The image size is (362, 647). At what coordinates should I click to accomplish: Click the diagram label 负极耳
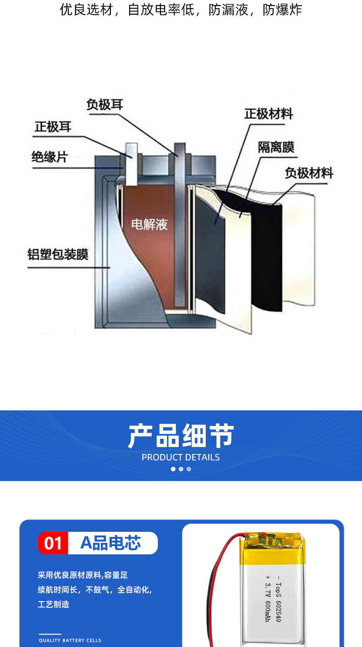click(x=104, y=105)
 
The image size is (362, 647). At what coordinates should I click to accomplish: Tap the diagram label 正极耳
click(x=53, y=127)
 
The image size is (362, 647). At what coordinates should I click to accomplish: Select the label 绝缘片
click(x=49, y=157)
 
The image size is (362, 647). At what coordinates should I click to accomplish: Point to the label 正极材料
click(x=268, y=114)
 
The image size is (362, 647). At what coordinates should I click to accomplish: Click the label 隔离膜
click(x=275, y=147)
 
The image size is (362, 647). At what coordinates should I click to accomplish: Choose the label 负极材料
click(x=308, y=173)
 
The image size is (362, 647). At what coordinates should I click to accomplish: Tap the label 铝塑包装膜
click(x=58, y=254)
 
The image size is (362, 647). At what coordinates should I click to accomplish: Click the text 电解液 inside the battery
click(x=149, y=224)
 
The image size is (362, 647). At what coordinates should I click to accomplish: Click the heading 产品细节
click(x=181, y=436)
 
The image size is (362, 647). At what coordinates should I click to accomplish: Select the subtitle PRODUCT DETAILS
click(x=181, y=457)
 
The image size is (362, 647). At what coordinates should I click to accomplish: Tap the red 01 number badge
click(x=53, y=543)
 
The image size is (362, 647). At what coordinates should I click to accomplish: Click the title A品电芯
click(x=110, y=543)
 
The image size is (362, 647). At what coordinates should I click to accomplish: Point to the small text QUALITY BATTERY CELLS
click(x=70, y=640)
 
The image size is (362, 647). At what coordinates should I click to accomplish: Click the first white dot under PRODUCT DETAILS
click(x=173, y=469)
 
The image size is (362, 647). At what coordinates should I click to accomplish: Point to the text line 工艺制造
click(x=53, y=604)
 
